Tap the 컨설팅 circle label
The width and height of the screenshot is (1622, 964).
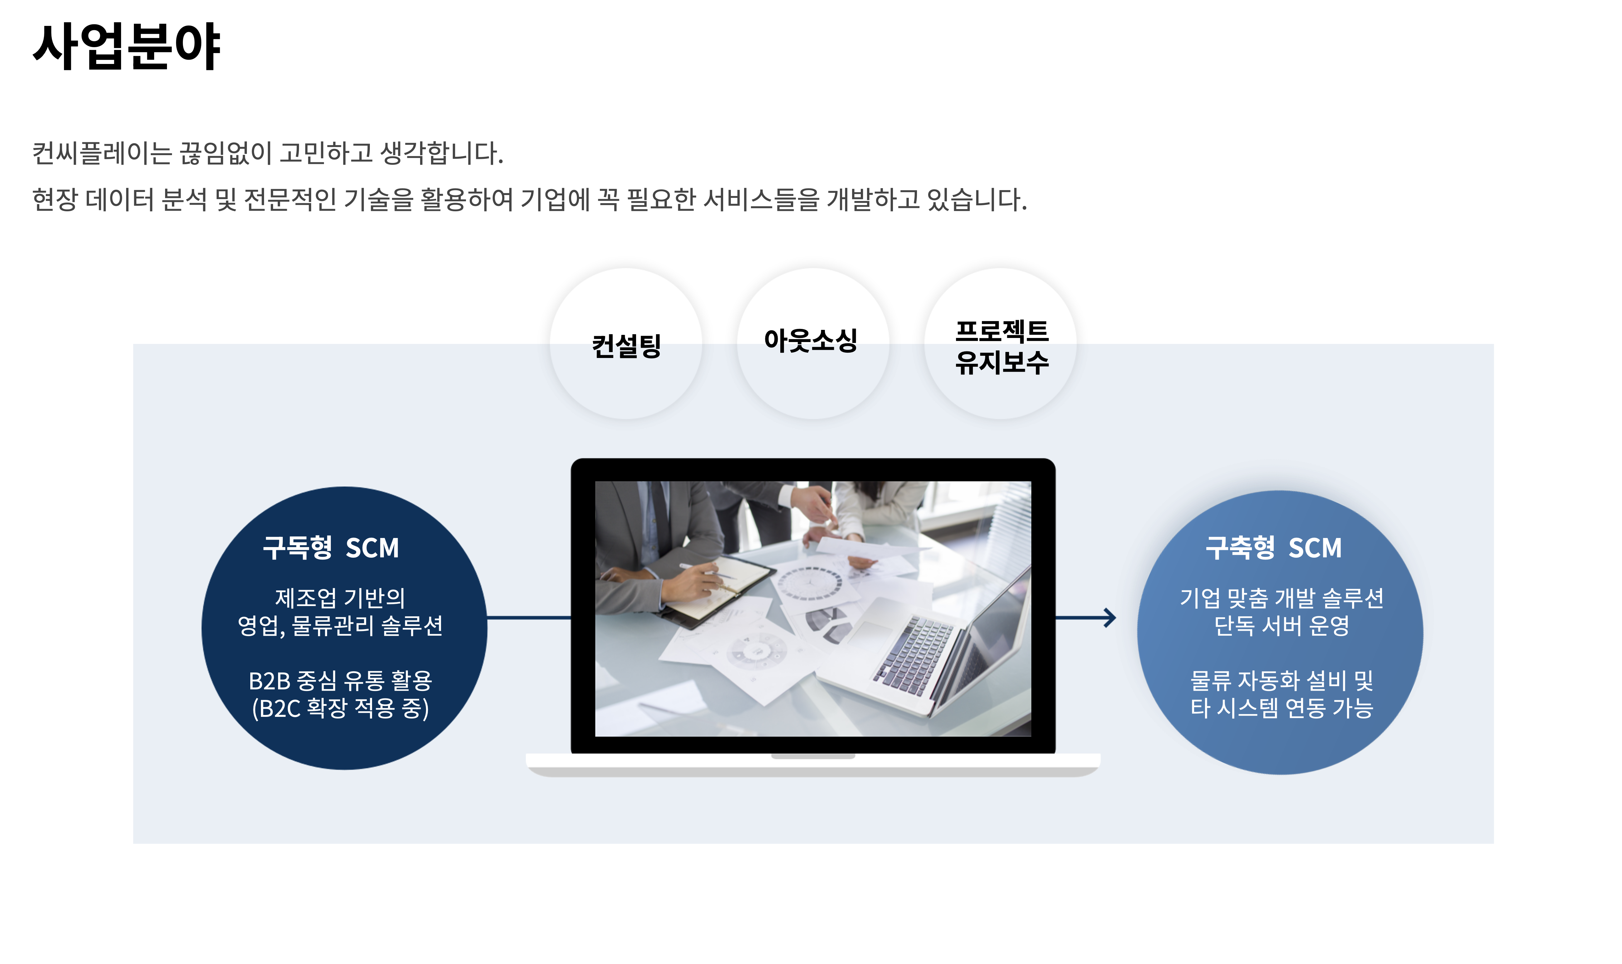[626, 345]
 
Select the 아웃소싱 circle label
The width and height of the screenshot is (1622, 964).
[811, 340]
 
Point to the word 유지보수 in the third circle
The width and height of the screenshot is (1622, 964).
[1002, 362]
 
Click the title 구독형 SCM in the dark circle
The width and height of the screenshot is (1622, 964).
[331, 548]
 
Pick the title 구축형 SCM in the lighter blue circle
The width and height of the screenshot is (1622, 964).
[1273, 548]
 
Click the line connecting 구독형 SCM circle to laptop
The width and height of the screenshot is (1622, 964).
[529, 618]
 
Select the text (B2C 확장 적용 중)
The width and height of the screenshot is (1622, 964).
[341, 708]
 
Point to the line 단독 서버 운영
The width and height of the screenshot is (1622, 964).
[1281, 626]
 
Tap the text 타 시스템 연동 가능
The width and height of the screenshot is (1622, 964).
[1281, 708]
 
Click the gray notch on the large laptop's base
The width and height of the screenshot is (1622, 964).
[813, 756]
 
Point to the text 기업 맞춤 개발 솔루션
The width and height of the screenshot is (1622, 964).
[1281, 598]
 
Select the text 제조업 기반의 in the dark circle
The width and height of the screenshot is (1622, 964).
[341, 598]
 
